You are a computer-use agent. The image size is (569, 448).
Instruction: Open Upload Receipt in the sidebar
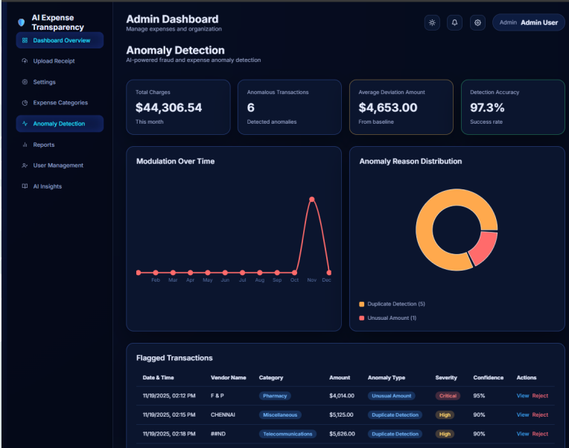[54, 61]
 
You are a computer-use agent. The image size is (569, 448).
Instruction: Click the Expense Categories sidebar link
[60, 103]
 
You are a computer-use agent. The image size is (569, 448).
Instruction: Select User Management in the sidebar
[58, 165]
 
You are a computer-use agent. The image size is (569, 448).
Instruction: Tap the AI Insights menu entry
[47, 186]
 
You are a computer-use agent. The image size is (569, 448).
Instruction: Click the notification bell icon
[455, 22]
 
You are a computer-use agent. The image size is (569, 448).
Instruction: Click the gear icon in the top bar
[478, 22]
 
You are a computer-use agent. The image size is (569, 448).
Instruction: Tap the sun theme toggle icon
[432, 22]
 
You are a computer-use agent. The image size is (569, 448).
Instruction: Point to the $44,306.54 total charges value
[168, 107]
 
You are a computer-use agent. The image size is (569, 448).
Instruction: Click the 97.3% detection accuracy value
[487, 107]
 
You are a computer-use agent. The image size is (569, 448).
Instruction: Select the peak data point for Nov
[312, 199]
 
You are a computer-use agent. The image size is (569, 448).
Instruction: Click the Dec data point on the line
[329, 273]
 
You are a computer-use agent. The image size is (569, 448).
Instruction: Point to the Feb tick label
[156, 280]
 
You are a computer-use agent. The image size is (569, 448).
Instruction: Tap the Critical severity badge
[448, 396]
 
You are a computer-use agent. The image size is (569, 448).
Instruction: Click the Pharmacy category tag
[275, 396]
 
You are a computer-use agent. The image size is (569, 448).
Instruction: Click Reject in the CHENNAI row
[540, 414]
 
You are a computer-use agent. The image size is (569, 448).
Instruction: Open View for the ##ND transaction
[523, 434]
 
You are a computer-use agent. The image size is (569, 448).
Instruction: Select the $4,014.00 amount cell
[342, 396]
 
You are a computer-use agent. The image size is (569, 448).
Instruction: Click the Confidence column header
[488, 378]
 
